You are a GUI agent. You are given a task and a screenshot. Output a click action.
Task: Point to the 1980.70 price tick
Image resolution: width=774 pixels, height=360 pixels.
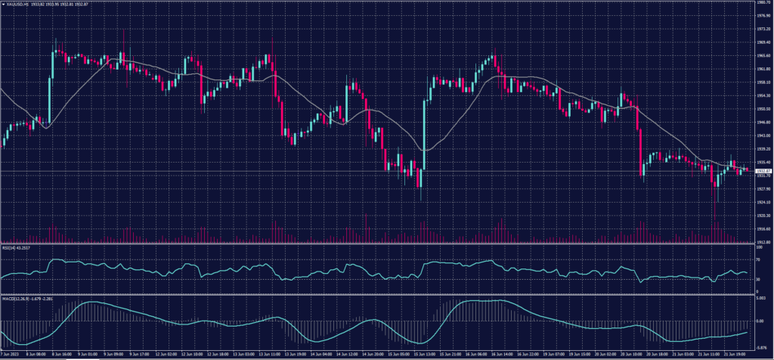click(x=762, y=2)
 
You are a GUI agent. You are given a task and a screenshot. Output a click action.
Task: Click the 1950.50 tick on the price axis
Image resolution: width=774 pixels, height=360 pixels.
click(x=762, y=109)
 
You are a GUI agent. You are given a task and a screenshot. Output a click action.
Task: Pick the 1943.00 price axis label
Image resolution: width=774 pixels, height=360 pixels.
click(x=762, y=135)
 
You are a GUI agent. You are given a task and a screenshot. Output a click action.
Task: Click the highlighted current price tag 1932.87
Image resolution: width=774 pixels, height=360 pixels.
click(x=762, y=171)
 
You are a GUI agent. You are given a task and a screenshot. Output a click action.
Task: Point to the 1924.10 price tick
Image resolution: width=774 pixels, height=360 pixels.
click(x=762, y=202)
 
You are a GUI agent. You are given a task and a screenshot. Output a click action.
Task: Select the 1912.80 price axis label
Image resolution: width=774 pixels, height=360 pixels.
click(x=762, y=242)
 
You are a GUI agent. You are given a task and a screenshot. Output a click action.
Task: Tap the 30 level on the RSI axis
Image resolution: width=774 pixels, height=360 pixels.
click(x=758, y=279)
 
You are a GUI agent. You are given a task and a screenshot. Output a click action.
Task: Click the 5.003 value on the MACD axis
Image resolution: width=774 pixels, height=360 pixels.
click(x=761, y=299)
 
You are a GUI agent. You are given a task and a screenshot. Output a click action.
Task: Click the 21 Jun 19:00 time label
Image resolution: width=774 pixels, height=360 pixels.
click(x=737, y=353)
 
